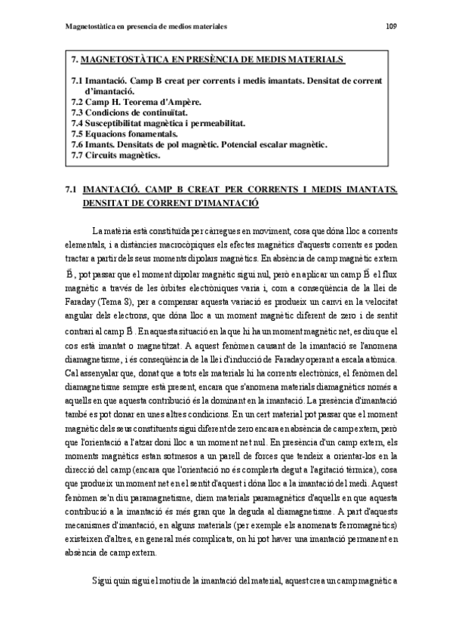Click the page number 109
click(391, 27)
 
